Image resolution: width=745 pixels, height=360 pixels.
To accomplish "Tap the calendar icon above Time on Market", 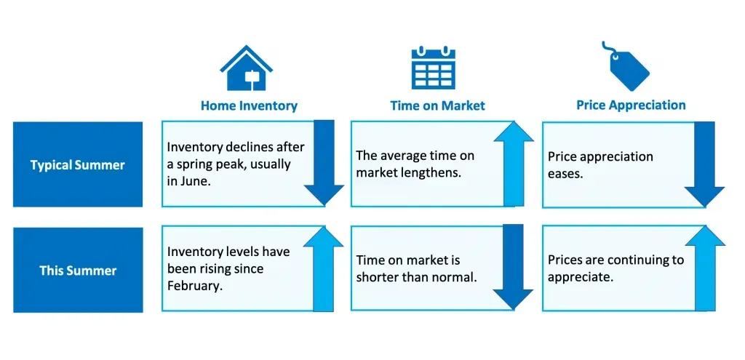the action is click(434, 67).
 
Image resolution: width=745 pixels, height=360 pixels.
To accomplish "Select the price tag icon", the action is click(626, 67).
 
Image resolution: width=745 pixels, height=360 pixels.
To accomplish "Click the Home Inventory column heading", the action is click(249, 105).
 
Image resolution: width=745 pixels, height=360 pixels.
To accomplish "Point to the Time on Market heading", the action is click(437, 105).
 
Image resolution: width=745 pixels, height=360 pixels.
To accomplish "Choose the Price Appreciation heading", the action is click(631, 105).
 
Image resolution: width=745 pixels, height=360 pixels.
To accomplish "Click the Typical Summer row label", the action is click(77, 165).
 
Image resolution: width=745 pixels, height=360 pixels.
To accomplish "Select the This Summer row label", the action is click(78, 271).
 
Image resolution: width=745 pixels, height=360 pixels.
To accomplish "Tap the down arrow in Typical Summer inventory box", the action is click(324, 163).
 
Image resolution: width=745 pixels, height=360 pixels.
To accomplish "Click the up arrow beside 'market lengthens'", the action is click(514, 164).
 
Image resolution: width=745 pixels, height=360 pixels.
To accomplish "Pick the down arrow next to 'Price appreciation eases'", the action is click(704, 164).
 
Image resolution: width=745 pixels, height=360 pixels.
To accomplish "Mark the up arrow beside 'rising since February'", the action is click(323, 268).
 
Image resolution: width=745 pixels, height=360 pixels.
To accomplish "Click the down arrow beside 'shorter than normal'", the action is click(513, 267).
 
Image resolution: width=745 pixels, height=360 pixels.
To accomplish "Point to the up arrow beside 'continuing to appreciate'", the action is click(705, 268).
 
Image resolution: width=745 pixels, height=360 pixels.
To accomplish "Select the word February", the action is click(195, 287).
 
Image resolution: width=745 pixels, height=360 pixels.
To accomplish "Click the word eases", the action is click(565, 175).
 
